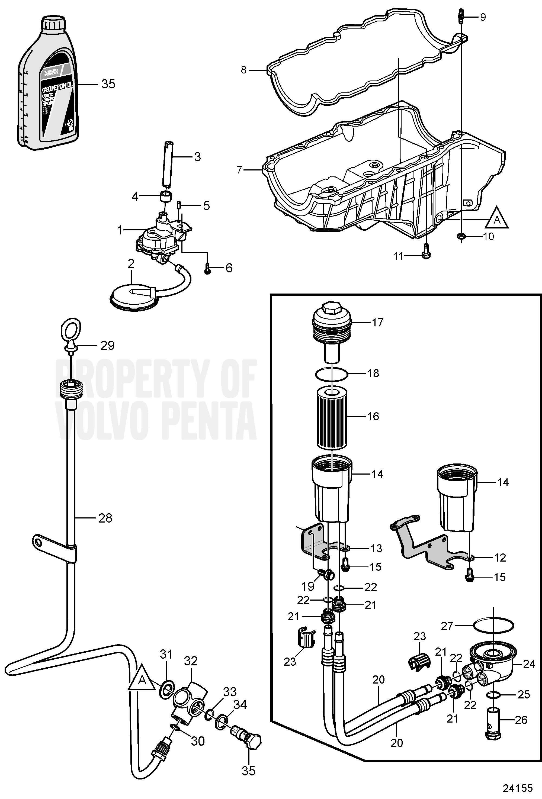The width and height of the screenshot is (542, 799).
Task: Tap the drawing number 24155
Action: [518, 788]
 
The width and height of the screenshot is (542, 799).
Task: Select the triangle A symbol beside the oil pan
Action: [497, 218]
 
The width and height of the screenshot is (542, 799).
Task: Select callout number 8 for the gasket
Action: [243, 70]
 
